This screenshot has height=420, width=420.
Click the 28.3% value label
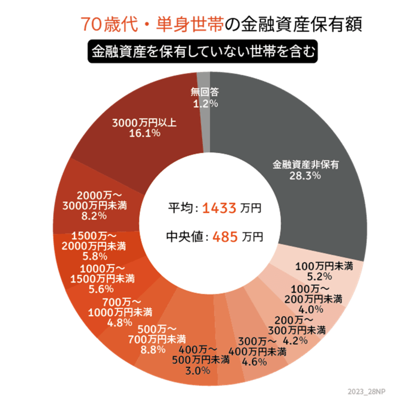point(305,176)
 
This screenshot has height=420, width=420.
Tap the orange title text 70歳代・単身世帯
point(152,25)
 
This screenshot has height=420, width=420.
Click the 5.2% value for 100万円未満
point(320,277)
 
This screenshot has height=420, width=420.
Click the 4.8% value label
point(117,323)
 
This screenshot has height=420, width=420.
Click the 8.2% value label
point(94,216)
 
